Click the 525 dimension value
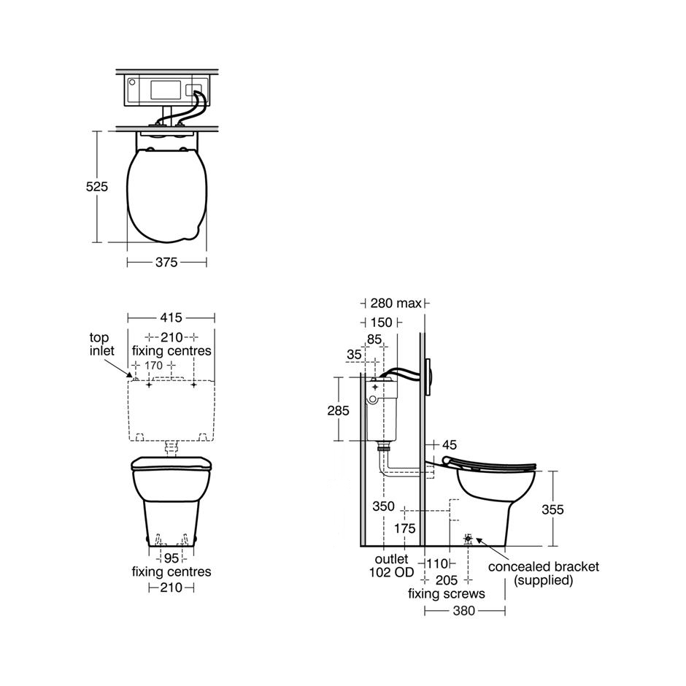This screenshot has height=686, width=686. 97,187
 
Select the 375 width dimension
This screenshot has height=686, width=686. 166,263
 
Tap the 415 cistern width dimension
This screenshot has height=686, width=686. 171,317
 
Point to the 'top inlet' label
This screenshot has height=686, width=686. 102,344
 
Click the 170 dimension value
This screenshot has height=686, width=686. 154,365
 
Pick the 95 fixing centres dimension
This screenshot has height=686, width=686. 171,558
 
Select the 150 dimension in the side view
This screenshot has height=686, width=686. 380,322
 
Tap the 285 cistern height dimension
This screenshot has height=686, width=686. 338,410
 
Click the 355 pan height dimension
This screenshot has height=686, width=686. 553,509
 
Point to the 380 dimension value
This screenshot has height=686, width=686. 463,610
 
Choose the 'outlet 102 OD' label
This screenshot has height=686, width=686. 395,566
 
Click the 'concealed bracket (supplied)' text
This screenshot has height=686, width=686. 543,574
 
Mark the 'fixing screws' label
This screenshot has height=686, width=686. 446,594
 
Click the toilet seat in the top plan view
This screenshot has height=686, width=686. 166,193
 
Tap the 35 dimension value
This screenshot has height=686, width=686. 354,354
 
